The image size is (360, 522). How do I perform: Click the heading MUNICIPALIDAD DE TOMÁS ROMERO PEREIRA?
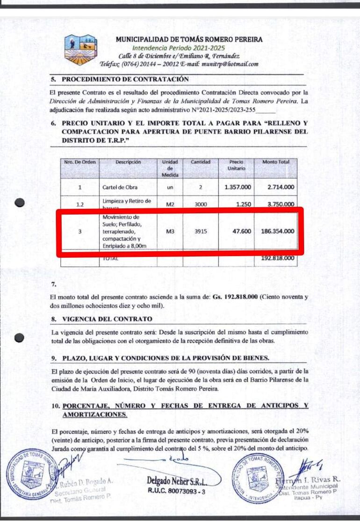tap(189, 40)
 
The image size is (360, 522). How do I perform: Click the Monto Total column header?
tap(276, 162)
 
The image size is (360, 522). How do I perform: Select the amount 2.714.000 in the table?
tap(281, 187)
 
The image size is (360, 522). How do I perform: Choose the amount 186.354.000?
tap(278, 230)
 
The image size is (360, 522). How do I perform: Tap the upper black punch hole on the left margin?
tap(19, 203)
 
